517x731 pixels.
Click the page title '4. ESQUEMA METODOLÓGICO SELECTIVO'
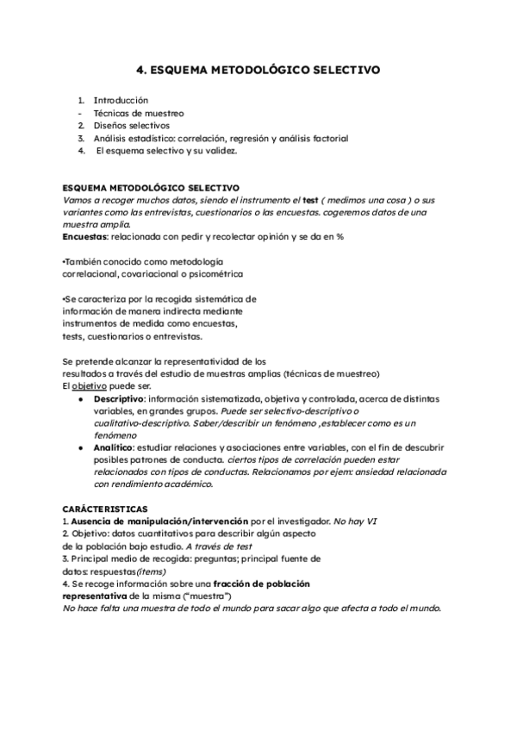pos(258,70)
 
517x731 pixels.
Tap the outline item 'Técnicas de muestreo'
pos(138,113)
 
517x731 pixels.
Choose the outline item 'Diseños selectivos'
pos(132,125)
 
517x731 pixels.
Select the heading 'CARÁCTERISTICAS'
pos(105,509)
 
